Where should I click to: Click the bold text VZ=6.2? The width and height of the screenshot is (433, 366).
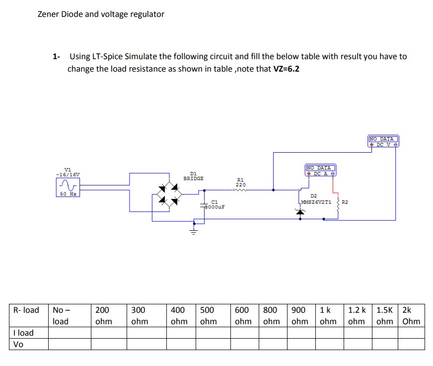(x=287, y=69)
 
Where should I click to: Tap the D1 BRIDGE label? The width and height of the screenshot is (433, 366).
(x=193, y=176)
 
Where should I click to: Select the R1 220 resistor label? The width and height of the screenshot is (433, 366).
(x=241, y=182)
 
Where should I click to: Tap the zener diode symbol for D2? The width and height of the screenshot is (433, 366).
(x=299, y=211)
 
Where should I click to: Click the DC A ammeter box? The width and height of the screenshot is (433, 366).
(x=321, y=171)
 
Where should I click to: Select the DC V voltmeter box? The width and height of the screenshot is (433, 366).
(x=383, y=142)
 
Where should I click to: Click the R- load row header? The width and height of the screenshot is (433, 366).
(x=26, y=310)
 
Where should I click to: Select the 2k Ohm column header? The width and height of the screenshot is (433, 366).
(x=411, y=315)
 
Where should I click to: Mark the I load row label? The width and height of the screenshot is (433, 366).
(x=23, y=333)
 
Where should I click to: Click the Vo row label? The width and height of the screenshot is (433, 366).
(x=18, y=344)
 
